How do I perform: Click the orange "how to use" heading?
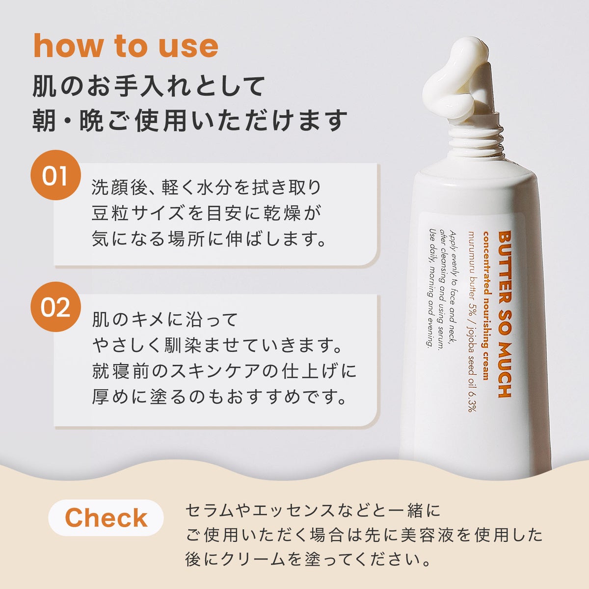pos(126,46)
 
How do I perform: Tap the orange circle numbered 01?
pos(55,175)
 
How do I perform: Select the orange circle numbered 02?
pos(55,307)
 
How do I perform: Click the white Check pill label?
pos(106,517)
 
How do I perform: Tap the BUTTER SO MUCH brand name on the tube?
pos(505,314)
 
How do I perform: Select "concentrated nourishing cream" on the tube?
pos(486,305)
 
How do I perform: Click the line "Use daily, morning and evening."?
pos(431,288)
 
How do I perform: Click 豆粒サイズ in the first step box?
pos(137,213)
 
